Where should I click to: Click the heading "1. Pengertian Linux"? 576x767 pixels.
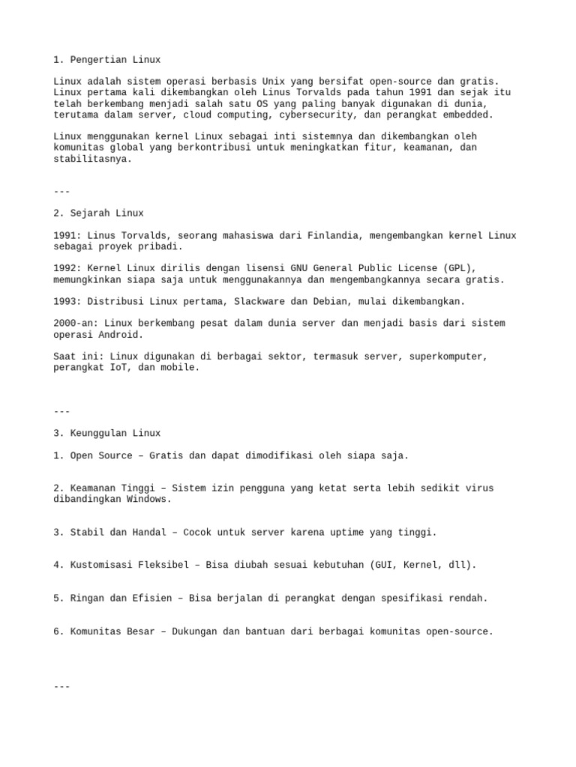(107, 60)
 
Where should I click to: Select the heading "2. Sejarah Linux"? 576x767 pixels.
(99, 213)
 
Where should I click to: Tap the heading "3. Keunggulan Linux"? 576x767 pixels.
(107, 433)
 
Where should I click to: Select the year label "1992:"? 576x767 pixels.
(67, 268)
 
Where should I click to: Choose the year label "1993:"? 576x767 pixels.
(67, 301)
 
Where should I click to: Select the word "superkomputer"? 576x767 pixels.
(448, 357)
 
